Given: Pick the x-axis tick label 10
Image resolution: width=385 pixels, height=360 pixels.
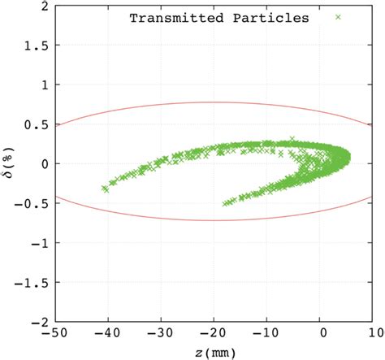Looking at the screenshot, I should point(374,333).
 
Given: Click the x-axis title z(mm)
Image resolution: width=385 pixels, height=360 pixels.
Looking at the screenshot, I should point(215,351).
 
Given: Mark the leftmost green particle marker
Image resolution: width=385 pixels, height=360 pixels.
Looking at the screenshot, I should point(104,188).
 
